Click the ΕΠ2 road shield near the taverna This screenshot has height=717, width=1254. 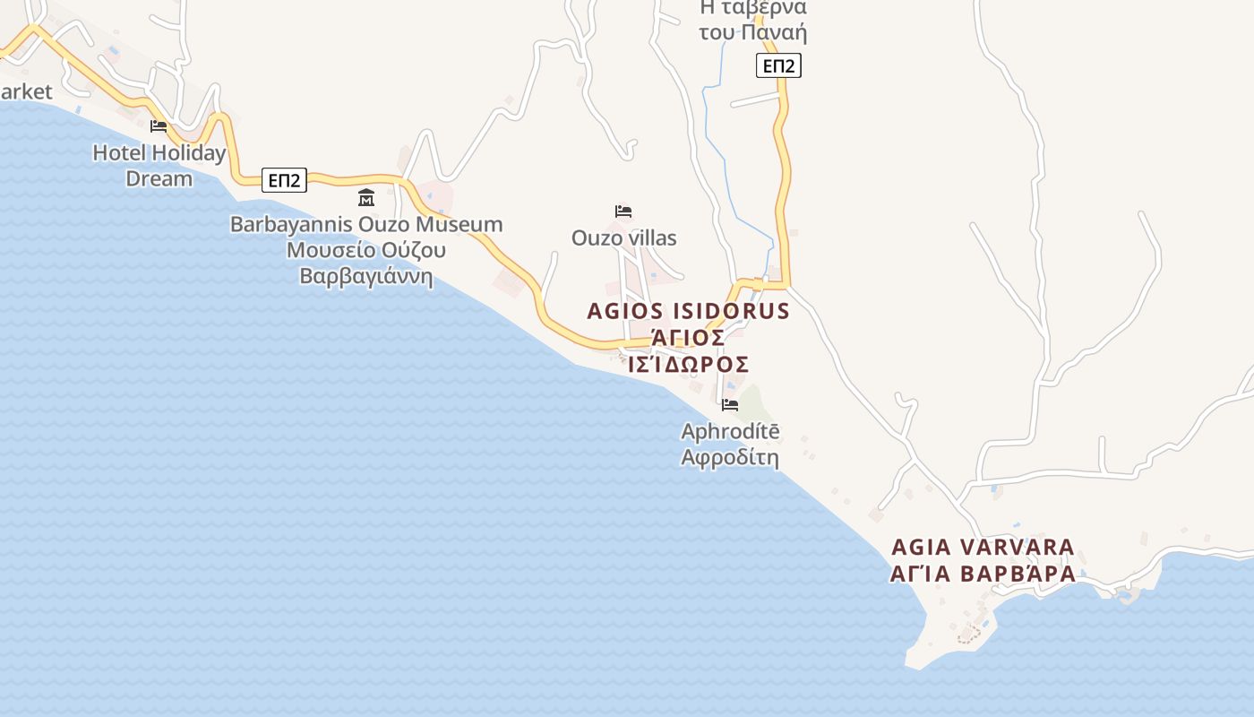(778, 65)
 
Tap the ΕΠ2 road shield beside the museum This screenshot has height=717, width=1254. (285, 180)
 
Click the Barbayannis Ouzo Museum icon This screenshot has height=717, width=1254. (366, 198)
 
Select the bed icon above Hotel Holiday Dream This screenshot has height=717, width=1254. (159, 126)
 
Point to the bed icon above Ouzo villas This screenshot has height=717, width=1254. (623, 212)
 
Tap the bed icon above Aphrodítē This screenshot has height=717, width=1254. (730, 405)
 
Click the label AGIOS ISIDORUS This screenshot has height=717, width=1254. (688, 312)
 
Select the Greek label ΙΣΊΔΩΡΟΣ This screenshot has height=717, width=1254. (688, 365)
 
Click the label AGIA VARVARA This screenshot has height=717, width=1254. (983, 547)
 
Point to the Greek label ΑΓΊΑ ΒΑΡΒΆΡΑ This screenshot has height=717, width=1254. (983, 574)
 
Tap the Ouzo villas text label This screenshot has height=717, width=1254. (624, 238)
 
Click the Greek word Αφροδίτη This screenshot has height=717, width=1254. (730, 458)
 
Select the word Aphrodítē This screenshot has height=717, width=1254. (730, 432)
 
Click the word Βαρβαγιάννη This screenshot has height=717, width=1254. (366, 276)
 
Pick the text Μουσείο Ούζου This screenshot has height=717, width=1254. (366, 250)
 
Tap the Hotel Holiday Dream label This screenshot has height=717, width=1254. (159, 166)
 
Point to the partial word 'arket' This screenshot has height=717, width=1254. (26, 91)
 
